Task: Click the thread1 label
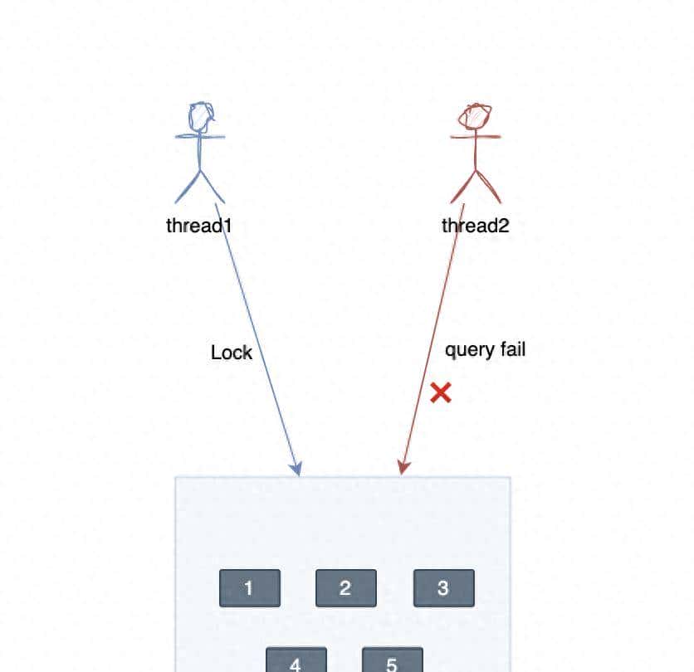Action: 198,225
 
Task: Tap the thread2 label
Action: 475,225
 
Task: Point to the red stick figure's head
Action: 476,117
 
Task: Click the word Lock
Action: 232,353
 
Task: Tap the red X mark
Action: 441,392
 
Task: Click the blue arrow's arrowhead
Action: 297,470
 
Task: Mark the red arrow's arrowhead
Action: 403,469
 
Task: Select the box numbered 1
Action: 249,588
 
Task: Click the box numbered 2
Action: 345,588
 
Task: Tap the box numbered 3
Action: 443,588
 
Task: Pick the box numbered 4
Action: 296,660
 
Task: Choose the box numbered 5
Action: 392,660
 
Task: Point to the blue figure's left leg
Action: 187,188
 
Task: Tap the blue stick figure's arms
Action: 200,135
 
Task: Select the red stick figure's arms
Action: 476,136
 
